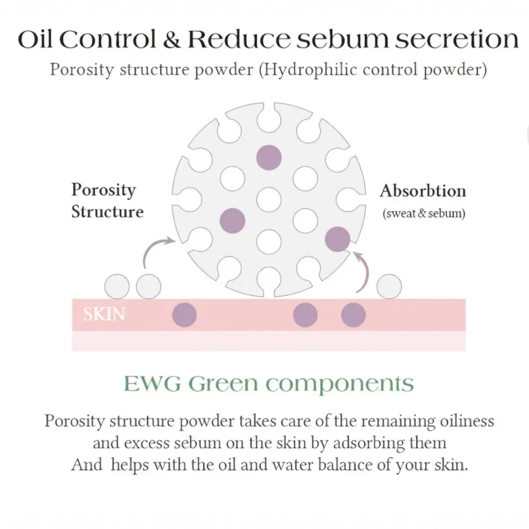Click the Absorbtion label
[x=423, y=191]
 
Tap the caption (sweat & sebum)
[x=424, y=213]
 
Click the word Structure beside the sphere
[x=107, y=212]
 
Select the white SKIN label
[x=104, y=314]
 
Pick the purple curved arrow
[x=363, y=271]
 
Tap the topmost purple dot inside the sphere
[x=269, y=157]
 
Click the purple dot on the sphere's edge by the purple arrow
[x=337, y=239]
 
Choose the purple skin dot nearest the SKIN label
[x=184, y=315]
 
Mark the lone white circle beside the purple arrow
[x=389, y=286]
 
